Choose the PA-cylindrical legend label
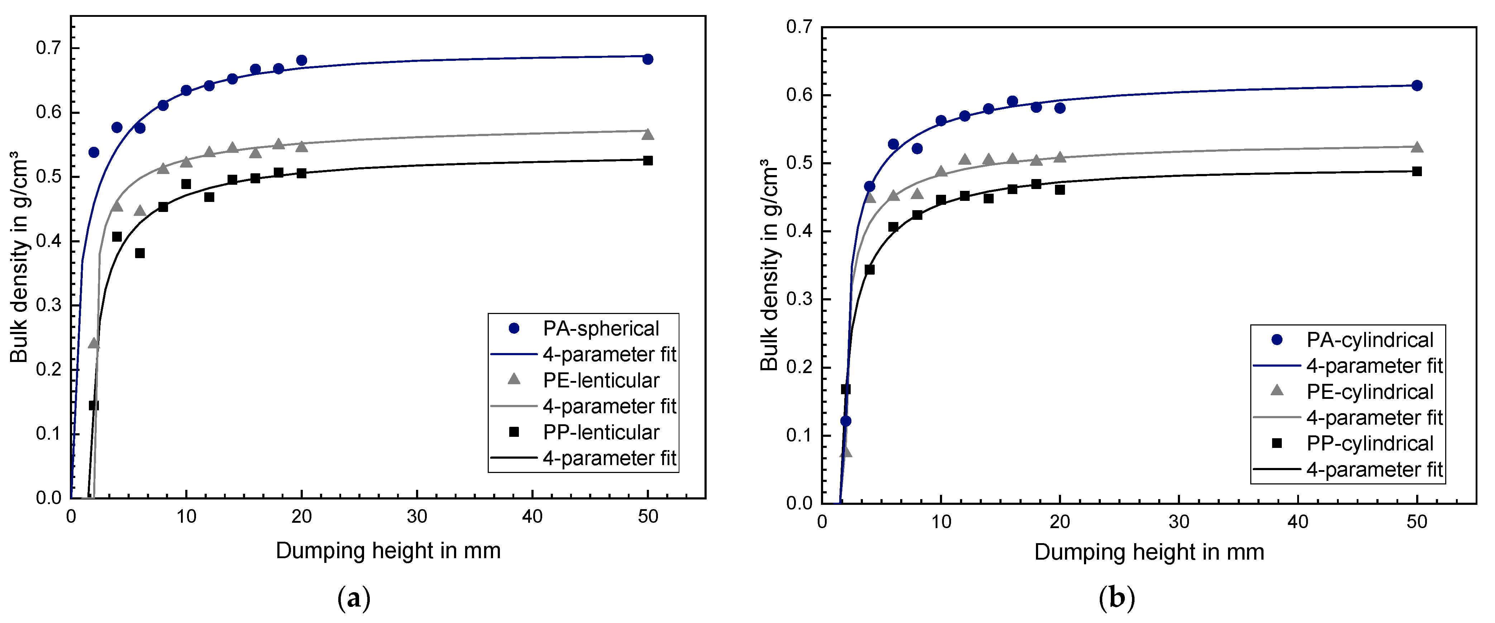point(1370,340)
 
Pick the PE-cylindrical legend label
point(1370,392)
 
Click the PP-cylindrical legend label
point(1370,444)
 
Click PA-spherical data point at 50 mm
point(648,59)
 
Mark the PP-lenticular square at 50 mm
point(648,161)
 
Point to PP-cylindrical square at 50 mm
point(1417,171)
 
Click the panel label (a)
point(353,598)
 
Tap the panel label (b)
point(1117,598)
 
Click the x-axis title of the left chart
point(388,550)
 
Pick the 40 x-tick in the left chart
point(532,516)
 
